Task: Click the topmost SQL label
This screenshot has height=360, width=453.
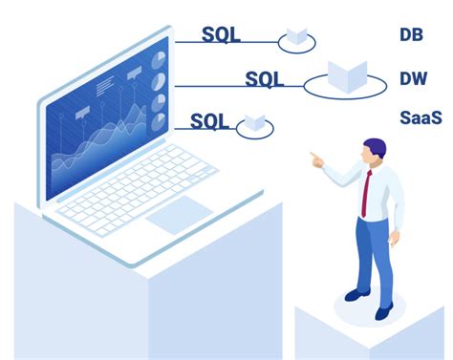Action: pos(221,36)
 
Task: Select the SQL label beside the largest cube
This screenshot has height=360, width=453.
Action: pos(265,78)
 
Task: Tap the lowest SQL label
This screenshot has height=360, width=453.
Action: pos(210,120)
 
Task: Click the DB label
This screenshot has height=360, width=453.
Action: pos(412,35)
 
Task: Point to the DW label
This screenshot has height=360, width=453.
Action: pos(413,77)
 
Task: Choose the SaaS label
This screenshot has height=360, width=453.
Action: pos(421,118)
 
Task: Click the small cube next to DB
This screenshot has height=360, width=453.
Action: pos(296,38)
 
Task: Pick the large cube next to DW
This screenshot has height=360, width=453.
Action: pos(345,76)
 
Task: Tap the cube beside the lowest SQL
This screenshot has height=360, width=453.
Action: pos(253,121)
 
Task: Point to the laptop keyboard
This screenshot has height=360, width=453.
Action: pos(143,188)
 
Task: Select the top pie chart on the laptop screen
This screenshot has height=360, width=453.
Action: pos(158,58)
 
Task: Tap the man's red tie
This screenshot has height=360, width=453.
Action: pos(366,190)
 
